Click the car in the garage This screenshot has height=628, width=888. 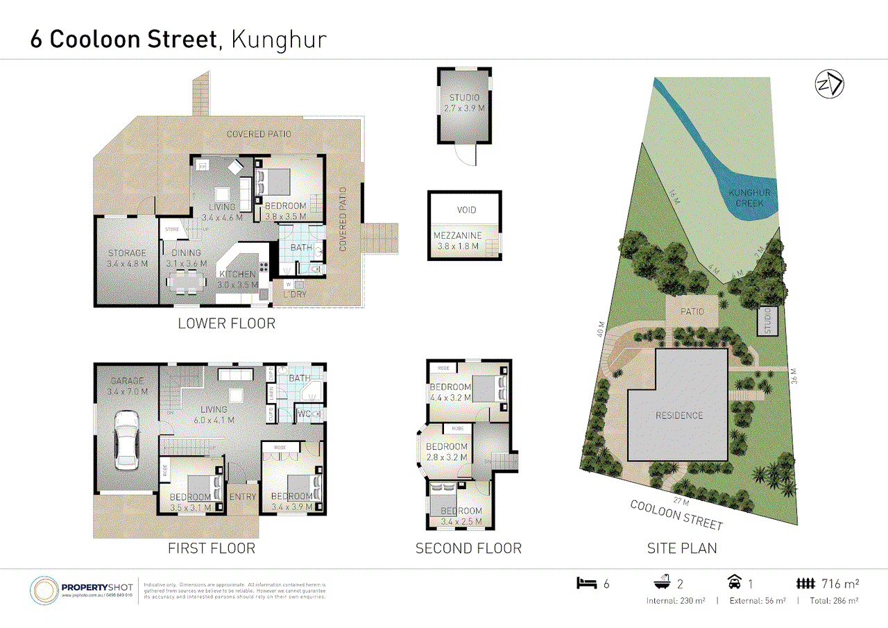point(126,439)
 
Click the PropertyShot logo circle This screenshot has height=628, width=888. point(44,591)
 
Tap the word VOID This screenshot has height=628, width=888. point(466,210)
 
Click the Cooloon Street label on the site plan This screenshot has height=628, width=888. point(676,514)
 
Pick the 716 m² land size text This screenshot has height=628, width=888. point(840,584)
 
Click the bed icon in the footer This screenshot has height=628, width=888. point(586,584)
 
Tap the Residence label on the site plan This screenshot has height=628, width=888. point(679,416)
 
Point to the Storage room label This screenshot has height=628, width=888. point(127,253)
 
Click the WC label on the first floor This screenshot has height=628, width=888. point(303,414)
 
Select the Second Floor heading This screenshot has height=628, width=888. point(468,549)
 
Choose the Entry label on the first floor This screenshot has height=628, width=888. point(242,497)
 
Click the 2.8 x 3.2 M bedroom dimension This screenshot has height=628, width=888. point(447,457)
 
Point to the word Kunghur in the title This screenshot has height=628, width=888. point(277,39)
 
